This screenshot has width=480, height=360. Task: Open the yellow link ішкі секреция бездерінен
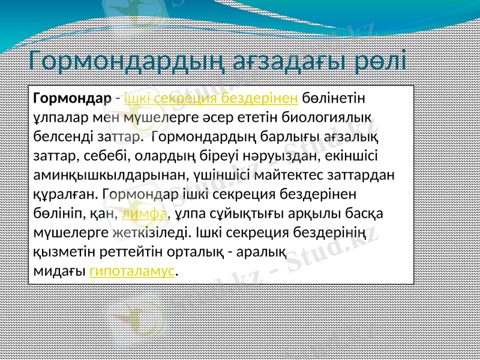point(211,97)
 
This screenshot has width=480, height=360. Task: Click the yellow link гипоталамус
point(133,271)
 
